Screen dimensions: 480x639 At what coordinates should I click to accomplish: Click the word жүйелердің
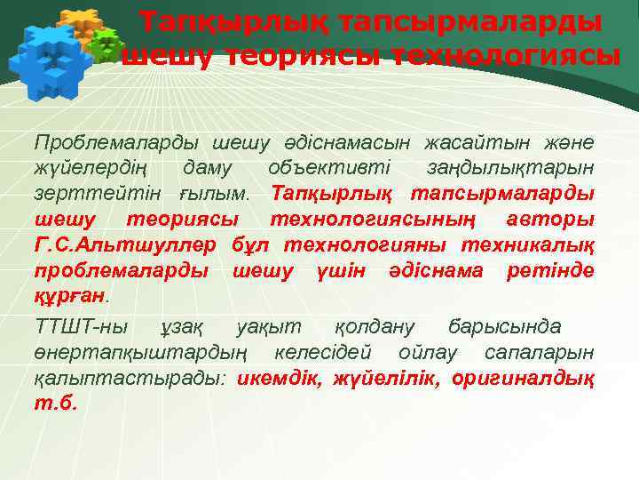(x=96, y=167)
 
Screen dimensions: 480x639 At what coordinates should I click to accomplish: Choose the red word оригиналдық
(x=524, y=378)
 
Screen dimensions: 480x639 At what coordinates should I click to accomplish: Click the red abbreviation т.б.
(x=56, y=403)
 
